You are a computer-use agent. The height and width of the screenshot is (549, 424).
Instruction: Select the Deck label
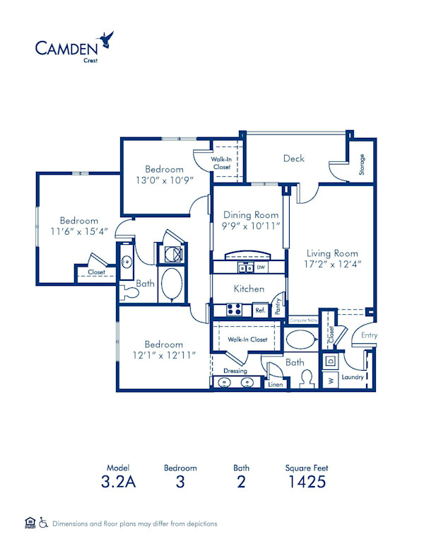[293, 158]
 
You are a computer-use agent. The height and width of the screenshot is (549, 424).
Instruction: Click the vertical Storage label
[362, 164]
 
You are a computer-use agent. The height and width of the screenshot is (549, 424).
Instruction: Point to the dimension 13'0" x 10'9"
[165, 181]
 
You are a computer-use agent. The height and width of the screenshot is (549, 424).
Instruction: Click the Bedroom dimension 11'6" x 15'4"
[78, 231]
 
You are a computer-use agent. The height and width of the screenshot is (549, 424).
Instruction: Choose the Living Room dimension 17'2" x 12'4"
[332, 265]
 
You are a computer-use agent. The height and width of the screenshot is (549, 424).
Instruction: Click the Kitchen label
[249, 289]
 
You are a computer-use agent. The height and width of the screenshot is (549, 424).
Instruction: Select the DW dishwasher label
[261, 267]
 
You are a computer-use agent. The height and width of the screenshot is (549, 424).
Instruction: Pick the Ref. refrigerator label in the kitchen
[260, 310]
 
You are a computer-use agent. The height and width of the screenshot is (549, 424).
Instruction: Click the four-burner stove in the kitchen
[234, 309]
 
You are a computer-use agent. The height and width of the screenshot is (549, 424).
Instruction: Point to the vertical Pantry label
[278, 306]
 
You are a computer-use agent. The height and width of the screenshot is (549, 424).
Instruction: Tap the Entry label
[369, 335]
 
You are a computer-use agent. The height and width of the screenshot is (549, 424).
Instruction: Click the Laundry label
[352, 377]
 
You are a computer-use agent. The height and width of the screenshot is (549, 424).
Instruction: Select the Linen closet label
[276, 385]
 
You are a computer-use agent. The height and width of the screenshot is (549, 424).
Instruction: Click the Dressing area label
[235, 371]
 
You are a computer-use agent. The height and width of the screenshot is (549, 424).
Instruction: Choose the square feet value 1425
[306, 483]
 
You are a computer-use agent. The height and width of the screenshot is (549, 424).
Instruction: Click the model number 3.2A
[119, 483]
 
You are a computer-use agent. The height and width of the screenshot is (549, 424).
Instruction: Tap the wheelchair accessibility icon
[43, 523]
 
